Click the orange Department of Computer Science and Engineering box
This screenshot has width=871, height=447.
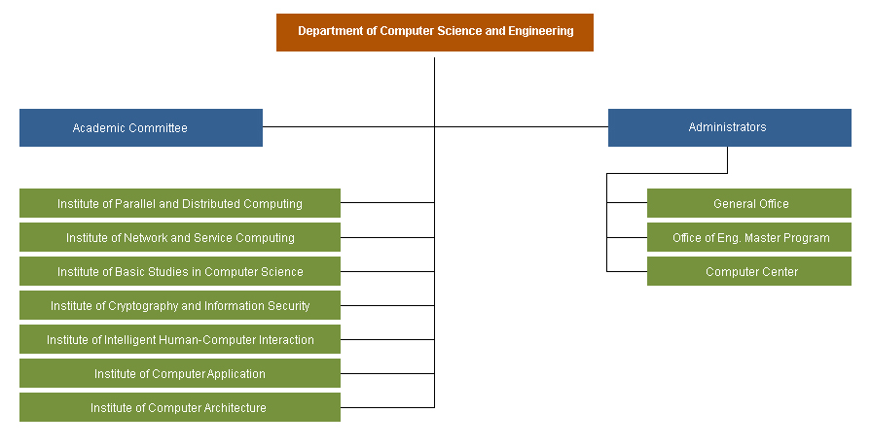click(x=435, y=33)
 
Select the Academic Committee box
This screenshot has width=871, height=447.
click(x=141, y=127)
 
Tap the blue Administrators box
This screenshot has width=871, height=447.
click(x=730, y=127)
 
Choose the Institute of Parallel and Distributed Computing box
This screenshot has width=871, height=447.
click(x=180, y=203)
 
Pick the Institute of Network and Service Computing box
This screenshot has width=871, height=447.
click(x=180, y=237)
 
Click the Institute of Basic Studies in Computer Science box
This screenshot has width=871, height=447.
click(x=180, y=271)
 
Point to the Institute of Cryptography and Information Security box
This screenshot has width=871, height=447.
click(x=180, y=305)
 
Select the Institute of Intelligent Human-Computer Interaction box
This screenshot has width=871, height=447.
click(x=180, y=339)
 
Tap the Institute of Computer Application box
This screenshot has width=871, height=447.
click(x=180, y=373)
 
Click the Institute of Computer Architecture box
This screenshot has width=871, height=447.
click(x=180, y=407)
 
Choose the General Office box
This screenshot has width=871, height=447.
click(x=749, y=203)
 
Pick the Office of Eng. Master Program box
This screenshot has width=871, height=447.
click(x=749, y=237)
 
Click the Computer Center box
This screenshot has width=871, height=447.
click(x=749, y=271)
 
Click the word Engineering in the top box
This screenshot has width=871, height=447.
click(x=540, y=31)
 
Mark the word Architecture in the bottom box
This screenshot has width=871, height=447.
click(x=235, y=407)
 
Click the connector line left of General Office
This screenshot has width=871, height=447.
click(x=627, y=203)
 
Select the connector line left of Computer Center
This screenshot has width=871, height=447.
click(x=627, y=271)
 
